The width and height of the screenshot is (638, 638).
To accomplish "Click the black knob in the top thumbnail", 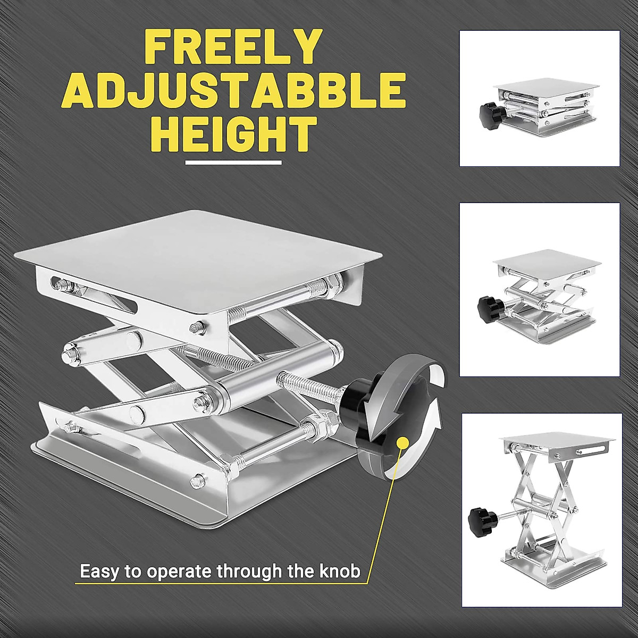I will tap(490, 111).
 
